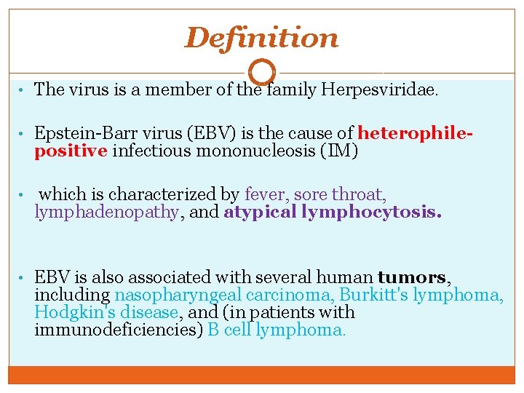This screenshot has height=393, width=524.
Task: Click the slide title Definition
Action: [x=261, y=38]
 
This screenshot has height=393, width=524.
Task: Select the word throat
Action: [x=359, y=194]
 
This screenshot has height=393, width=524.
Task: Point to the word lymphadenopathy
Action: [x=106, y=212]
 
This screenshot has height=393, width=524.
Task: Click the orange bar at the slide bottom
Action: [x=261, y=374]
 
